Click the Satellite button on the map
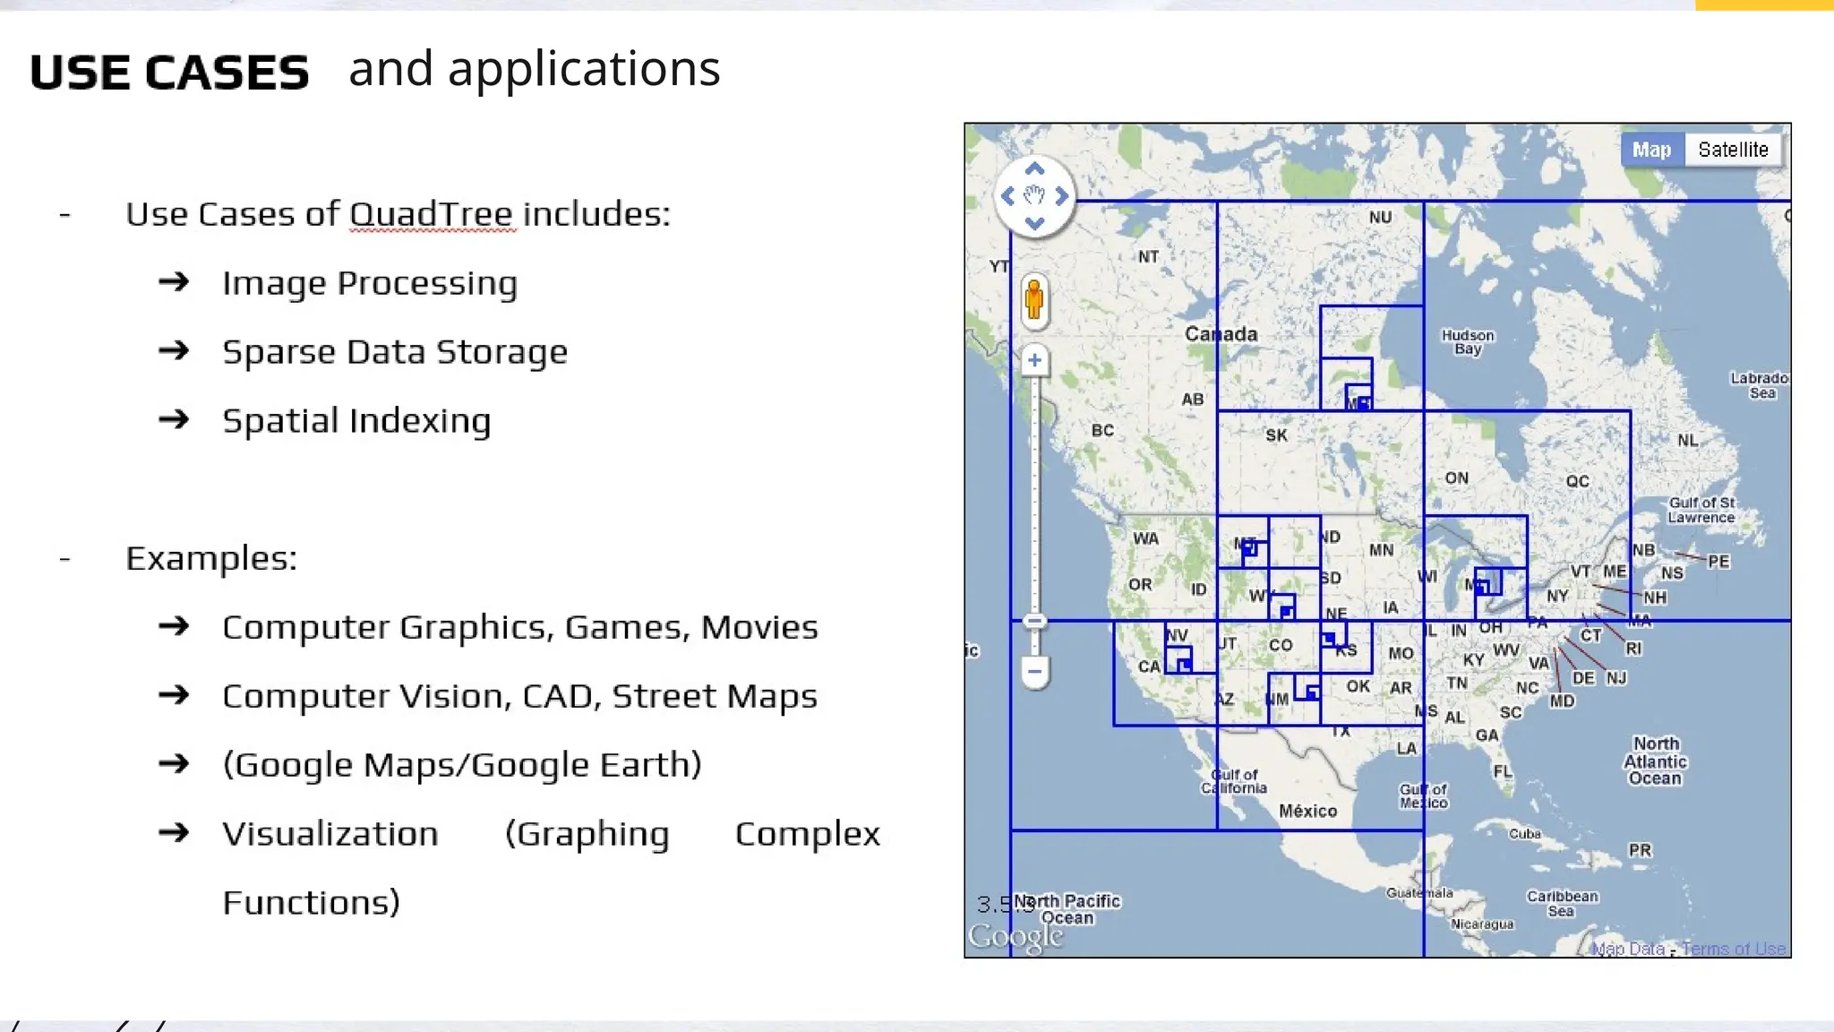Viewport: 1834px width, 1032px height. (1733, 150)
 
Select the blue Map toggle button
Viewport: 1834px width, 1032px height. (1651, 150)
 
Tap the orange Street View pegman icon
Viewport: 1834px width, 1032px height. (1034, 299)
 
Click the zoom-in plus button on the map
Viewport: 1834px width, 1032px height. (1034, 360)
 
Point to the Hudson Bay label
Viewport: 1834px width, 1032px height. (1468, 341)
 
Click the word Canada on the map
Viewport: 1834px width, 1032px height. (1221, 334)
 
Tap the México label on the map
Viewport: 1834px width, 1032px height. (1307, 811)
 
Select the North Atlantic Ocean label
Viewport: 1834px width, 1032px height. (1655, 761)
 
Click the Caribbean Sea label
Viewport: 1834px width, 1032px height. (1562, 903)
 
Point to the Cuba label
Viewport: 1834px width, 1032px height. (1524, 834)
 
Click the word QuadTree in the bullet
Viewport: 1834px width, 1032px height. (431, 214)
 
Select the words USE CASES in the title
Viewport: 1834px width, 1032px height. (169, 73)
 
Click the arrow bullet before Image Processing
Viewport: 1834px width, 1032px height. (174, 283)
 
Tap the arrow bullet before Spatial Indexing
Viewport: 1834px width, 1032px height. (174, 420)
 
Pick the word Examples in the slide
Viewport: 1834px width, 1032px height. (210, 558)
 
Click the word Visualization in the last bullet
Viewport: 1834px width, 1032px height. (330, 834)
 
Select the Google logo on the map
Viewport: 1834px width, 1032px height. (1016, 937)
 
